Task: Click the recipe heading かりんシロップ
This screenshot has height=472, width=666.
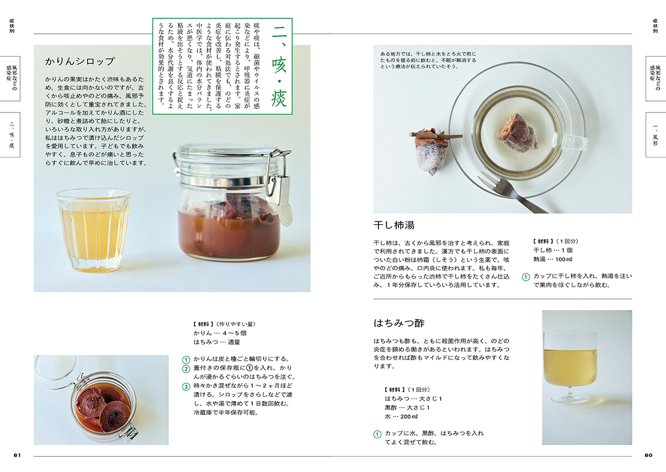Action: [x=80, y=62]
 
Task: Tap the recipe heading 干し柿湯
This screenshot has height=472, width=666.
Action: [x=394, y=225]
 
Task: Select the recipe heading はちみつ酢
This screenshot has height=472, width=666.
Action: [x=399, y=323]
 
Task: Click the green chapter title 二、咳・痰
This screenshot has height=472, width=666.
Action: [x=279, y=66]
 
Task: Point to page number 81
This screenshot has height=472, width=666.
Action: [x=17, y=455]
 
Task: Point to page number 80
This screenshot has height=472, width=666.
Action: [x=649, y=455]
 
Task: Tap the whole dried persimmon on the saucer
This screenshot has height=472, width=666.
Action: [x=432, y=150]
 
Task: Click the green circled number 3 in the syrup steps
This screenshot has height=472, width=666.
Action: [x=186, y=386]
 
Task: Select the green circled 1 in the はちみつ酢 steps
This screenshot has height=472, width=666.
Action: [x=377, y=434]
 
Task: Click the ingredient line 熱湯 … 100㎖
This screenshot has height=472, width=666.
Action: [x=553, y=259]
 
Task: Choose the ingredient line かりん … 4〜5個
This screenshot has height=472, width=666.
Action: [x=220, y=333]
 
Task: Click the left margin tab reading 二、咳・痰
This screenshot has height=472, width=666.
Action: [x=11, y=135]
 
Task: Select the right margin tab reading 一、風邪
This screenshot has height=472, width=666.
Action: [x=655, y=135]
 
